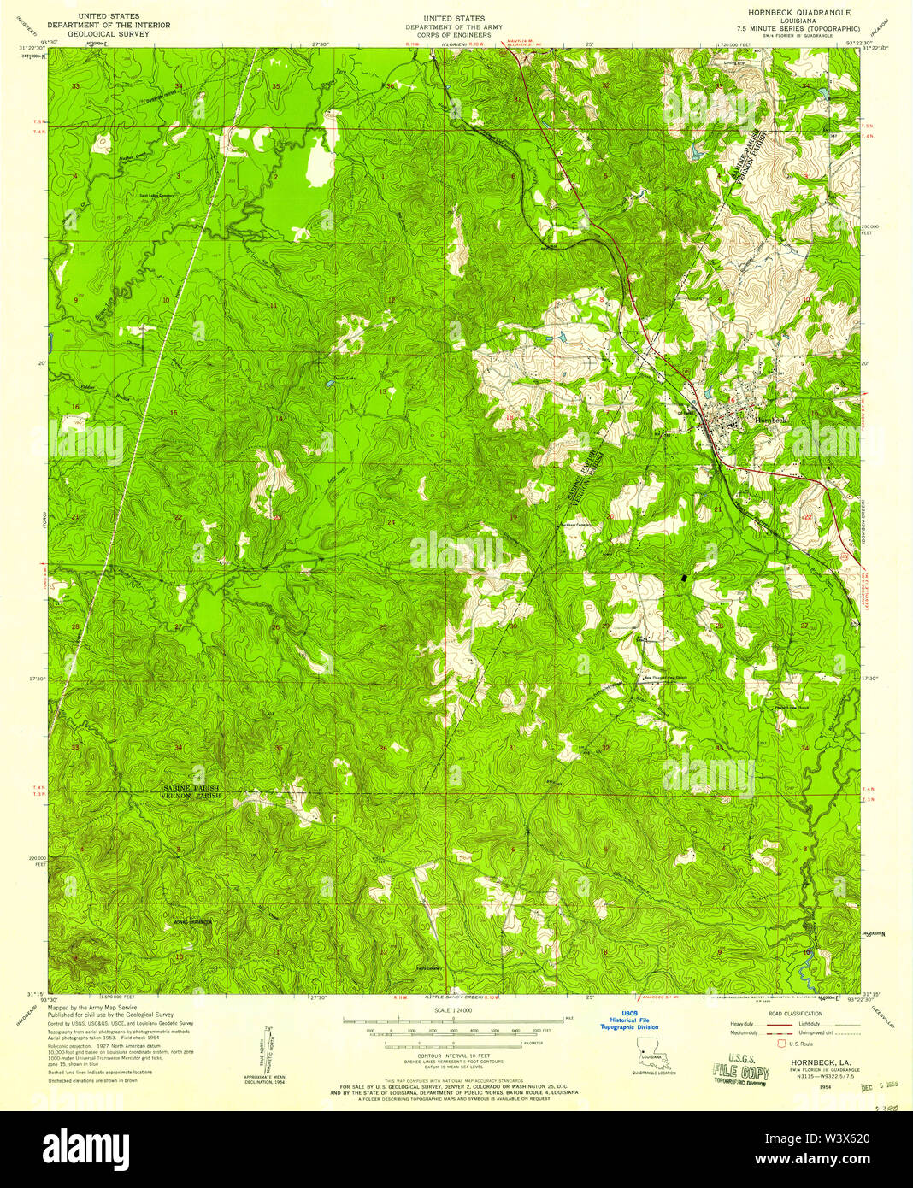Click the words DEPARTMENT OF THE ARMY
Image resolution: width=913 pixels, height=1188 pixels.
tap(454, 27)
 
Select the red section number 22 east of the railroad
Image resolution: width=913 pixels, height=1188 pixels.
tap(807, 517)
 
